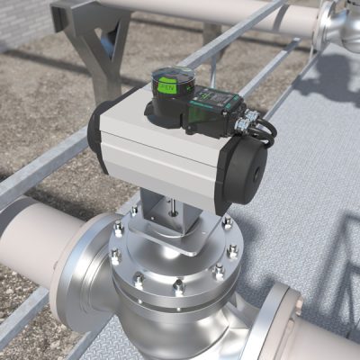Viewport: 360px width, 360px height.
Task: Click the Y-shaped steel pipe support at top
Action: [94, 36]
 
